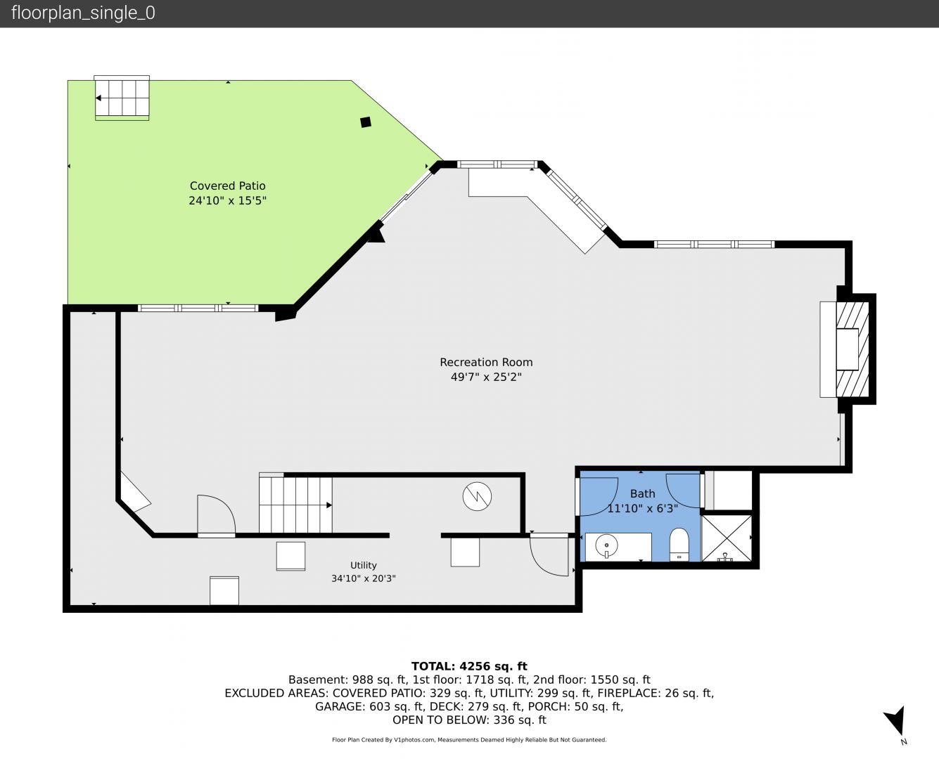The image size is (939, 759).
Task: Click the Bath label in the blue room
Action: coord(642,494)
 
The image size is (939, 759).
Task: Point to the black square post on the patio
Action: coord(366,122)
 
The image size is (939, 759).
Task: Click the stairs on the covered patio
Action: coord(122,98)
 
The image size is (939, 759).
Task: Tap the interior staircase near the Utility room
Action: coord(295,505)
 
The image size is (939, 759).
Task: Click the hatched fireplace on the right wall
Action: coord(852,349)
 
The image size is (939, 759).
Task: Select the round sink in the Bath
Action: coord(606,546)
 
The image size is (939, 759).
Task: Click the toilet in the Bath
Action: coord(679,545)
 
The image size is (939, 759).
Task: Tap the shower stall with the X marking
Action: coord(727,538)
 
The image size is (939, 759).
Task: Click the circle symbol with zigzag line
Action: coord(477,496)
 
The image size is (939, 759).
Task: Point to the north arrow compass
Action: coord(896,722)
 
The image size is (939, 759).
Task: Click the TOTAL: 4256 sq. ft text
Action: coord(469,666)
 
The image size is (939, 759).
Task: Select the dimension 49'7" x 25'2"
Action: coord(486,377)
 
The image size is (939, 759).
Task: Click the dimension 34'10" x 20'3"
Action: coord(363,578)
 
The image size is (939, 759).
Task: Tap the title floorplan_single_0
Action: coord(83,13)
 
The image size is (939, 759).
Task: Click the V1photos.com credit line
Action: coord(469,740)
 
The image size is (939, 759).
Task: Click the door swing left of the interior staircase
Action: coord(216,514)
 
